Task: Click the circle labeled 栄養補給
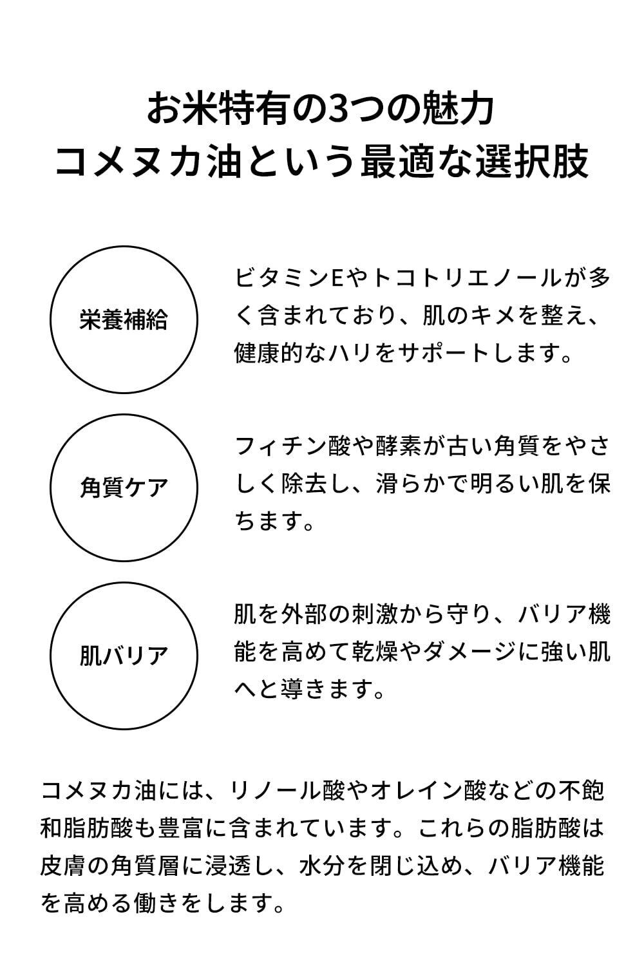pos(124,319)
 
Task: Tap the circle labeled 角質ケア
pos(124,488)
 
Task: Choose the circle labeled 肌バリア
pos(124,656)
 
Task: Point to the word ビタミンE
pos(290,279)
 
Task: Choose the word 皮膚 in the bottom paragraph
pos(63,866)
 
